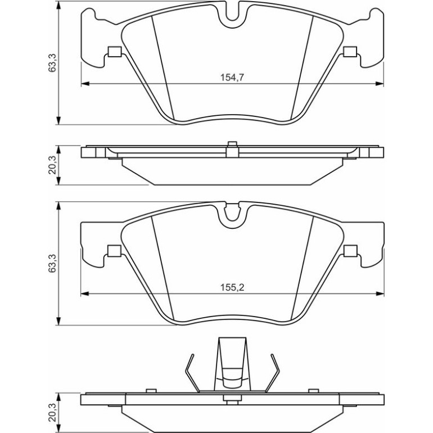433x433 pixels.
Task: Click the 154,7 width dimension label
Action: click(232, 78)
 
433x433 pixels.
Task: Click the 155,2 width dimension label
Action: click(232, 288)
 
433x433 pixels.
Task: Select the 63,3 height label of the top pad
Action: click(52, 63)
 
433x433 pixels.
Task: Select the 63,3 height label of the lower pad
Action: click(52, 263)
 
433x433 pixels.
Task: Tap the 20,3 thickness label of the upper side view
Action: click(52, 165)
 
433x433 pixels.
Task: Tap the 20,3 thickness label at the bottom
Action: click(52, 412)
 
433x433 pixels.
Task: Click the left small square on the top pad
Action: click(114, 52)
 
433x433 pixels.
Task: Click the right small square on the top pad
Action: click(350, 52)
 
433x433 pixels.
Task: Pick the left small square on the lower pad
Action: click(114, 251)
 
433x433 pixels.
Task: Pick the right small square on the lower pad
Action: click(350, 251)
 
